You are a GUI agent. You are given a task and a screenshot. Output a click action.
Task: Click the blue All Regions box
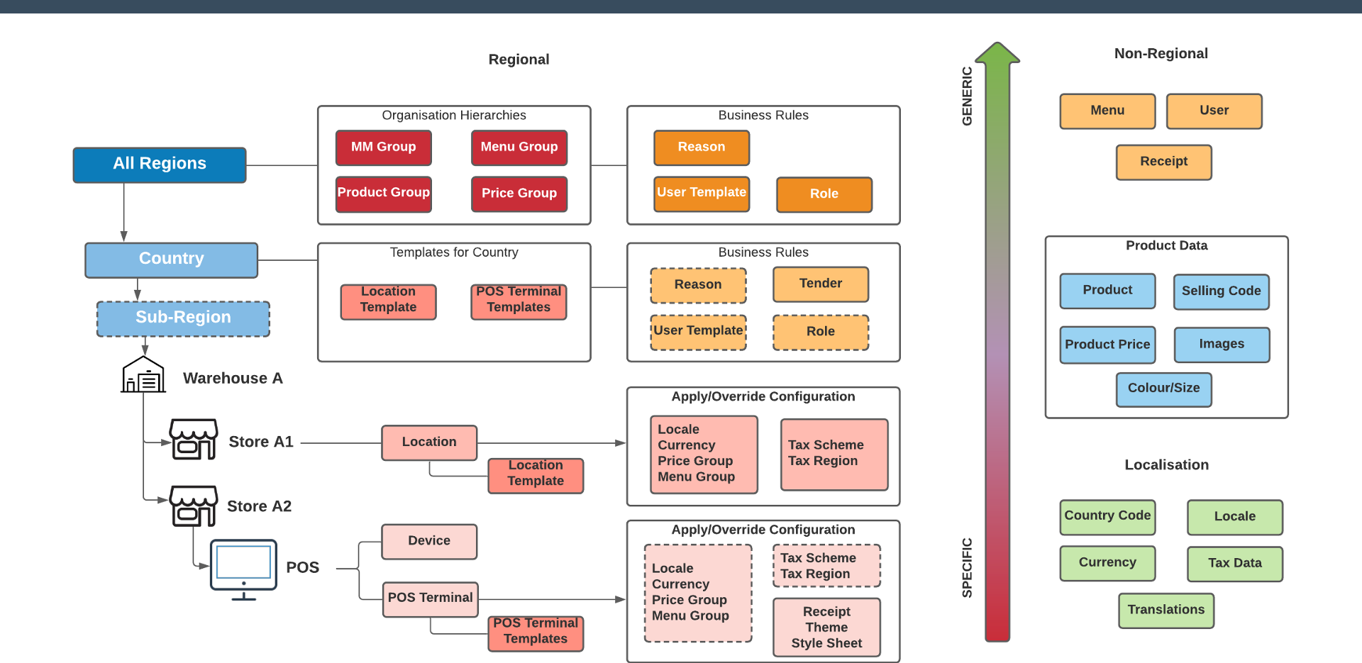pos(160,165)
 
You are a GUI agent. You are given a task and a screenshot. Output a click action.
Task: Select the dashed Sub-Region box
pos(183,318)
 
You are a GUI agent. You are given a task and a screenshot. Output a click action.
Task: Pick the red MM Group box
pos(383,147)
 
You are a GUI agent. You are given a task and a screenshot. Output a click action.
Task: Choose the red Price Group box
pos(519,194)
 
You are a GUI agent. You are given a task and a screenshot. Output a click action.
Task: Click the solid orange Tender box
pos(821,284)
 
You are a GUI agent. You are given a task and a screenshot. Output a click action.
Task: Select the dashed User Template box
pos(699,332)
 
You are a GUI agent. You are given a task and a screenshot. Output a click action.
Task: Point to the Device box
pos(429,541)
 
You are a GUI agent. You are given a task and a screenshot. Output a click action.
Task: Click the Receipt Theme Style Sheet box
pos(826,628)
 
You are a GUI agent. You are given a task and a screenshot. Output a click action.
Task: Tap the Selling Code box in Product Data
pos(1221,291)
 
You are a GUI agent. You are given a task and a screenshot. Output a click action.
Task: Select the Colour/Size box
pos(1163,389)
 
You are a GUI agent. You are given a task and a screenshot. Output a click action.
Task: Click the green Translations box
pos(1166,611)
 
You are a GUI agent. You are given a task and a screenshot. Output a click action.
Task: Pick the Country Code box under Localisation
pos(1107,517)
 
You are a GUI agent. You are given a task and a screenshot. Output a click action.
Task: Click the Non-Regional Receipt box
pos(1163,162)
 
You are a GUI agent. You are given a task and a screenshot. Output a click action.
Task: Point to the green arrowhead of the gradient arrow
pos(997,54)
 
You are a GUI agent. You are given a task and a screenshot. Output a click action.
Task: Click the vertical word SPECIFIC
pos(967,567)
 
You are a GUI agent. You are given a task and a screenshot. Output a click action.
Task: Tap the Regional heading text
pos(519,60)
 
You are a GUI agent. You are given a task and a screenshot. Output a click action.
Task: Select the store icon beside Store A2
pos(193,506)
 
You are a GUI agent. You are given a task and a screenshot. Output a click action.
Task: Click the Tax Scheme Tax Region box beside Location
pos(834,455)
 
